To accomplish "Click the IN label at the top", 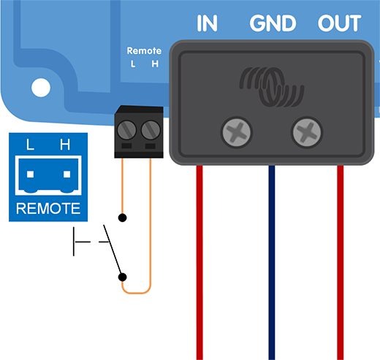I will [208, 23].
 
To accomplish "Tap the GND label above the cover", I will [273, 23].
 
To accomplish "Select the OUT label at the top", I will [340, 23].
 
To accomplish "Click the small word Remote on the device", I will [143, 51].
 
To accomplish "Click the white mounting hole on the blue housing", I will [40, 88].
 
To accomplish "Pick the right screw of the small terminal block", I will [151, 131].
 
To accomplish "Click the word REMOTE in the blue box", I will [47, 209].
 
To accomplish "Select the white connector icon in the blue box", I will [47, 175].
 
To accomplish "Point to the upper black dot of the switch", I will [123, 218].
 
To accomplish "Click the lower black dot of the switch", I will [123, 277].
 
